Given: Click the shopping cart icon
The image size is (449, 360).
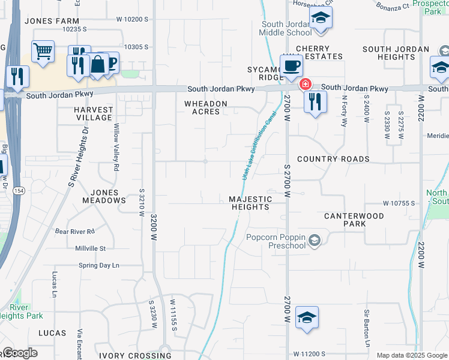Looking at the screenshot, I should click(43, 52).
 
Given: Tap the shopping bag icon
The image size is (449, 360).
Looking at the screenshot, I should click(97, 64).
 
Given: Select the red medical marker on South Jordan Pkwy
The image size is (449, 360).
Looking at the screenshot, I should click(306, 84).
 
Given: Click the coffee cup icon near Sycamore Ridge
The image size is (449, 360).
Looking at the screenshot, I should click(291, 65).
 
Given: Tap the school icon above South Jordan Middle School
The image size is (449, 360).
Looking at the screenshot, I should click(321, 17).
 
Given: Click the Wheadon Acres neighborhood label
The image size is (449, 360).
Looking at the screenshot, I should click(206, 107).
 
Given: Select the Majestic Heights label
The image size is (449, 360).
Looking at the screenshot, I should click(250, 203).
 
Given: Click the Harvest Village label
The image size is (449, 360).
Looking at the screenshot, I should click(93, 113).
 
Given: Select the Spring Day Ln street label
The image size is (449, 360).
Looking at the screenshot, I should click(99, 265).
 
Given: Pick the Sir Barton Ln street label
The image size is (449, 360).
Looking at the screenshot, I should click(366, 328).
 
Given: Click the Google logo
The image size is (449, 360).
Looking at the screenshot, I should click(20, 353).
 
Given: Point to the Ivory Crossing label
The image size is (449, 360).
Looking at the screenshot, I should click(135, 355).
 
